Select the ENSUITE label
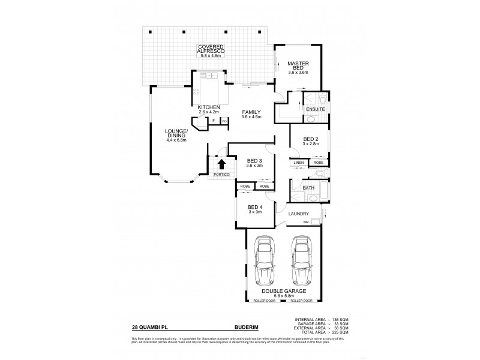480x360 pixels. [316, 110]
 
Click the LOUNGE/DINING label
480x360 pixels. [177, 134]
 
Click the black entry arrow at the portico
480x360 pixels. [221, 164]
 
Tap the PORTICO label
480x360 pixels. [221, 175]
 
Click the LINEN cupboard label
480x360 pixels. [299, 163]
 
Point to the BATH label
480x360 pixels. [308, 188]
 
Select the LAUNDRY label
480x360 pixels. [298, 214]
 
